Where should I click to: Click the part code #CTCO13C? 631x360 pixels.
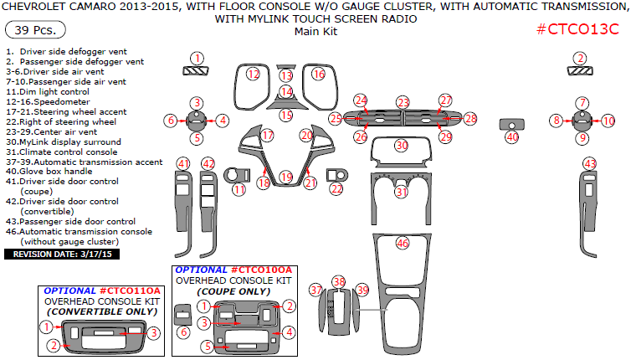pyautogui.click(x=577, y=30)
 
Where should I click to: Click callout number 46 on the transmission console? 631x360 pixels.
pyautogui.click(x=403, y=243)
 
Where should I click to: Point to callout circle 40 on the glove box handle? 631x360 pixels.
pyautogui.click(x=512, y=136)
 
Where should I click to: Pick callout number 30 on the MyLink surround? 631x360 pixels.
pyautogui.click(x=402, y=146)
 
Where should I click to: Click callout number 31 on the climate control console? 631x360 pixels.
pyautogui.click(x=402, y=192)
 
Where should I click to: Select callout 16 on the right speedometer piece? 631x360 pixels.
pyautogui.click(x=318, y=75)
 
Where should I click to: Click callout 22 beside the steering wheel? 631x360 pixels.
pyautogui.click(x=336, y=190)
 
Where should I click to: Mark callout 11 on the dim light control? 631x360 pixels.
pyautogui.click(x=239, y=190)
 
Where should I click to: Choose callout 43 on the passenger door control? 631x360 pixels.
pyautogui.click(x=590, y=163)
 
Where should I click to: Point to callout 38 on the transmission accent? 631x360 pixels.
pyautogui.click(x=338, y=281)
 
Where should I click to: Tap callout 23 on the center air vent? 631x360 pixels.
pyautogui.click(x=403, y=102)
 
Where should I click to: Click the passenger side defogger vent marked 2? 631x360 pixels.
pyautogui.click(x=579, y=58)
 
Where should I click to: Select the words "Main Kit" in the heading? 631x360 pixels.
pyautogui.click(x=315, y=32)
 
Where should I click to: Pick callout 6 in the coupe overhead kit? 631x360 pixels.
pyautogui.click(x=184, y=332)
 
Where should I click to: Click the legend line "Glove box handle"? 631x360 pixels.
pyautogui.click(x=59, y=171)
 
